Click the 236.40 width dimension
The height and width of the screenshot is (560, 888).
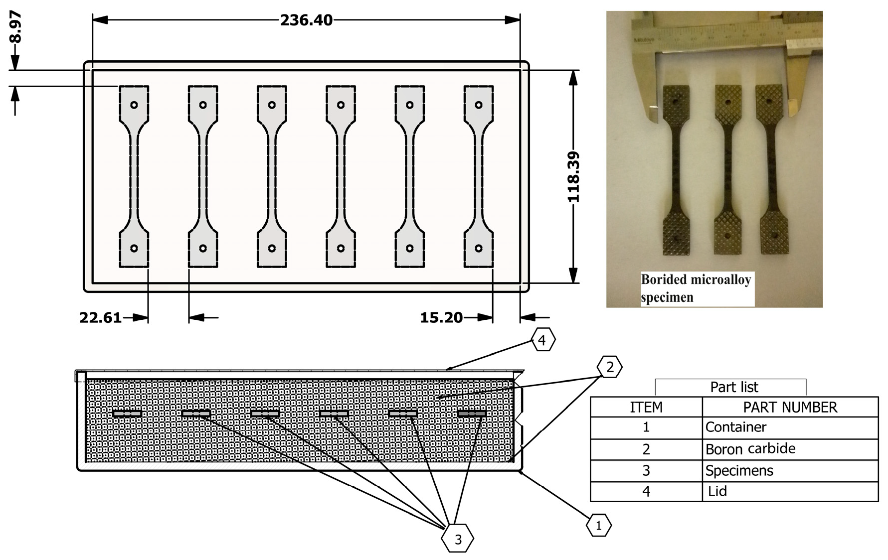tap(306, 20)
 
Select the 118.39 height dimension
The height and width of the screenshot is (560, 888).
tap(574, 177)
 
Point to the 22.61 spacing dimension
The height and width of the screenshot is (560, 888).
tap(100, 317)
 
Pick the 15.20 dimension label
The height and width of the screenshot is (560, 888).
tap(441, 317)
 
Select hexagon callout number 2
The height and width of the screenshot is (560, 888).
tap(609, 368)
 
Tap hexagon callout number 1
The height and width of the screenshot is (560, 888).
tap(598, 525)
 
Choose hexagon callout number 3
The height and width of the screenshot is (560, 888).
tap(458, 539)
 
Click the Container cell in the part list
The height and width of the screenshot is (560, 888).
tap(735, 427)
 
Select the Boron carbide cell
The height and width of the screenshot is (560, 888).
tap(750, 449)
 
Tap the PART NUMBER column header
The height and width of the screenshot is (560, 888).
tap(790, 407)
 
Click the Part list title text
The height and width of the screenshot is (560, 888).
tap(733, 387)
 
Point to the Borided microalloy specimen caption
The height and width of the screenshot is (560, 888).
tap(696, 288)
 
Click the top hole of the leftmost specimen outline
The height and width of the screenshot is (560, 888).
tap(134, 105)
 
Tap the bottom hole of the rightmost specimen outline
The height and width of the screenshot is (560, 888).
tap(479, 248)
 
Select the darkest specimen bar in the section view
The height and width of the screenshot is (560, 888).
tap(472, 413)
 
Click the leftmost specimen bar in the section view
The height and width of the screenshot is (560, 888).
tap(127, 413)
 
